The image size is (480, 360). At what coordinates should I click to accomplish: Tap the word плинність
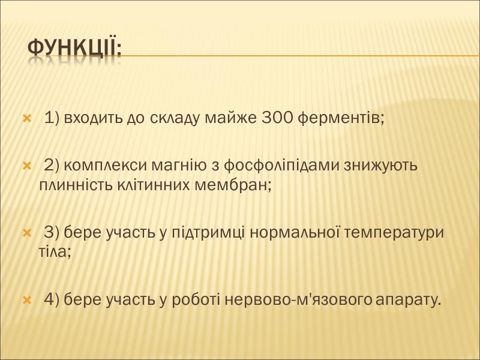point(74,185)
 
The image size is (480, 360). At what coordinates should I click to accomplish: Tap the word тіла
point(55,252)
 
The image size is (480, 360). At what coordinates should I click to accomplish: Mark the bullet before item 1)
point(26,119)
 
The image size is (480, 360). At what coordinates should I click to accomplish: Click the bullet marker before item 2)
point(26,166)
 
